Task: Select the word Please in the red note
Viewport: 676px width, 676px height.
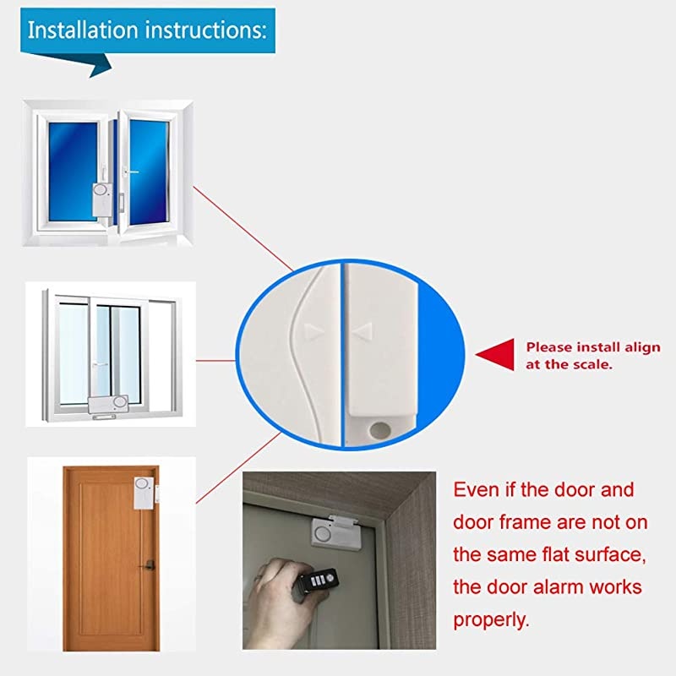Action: click(548, 347)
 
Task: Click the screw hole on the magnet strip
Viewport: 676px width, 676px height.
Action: click(379, 430)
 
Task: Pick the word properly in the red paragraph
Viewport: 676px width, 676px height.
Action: click(492, 619)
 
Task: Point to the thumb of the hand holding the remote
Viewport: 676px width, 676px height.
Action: click(286, 568)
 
